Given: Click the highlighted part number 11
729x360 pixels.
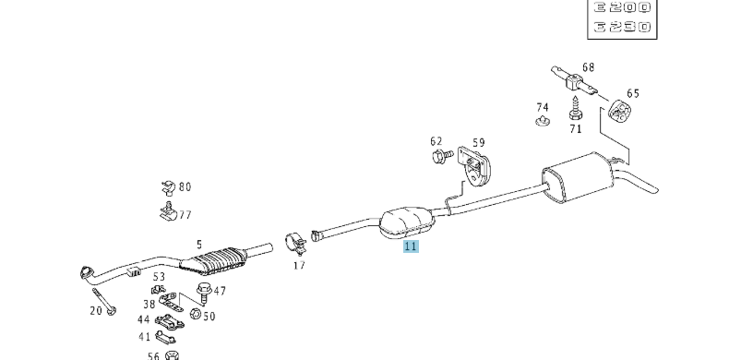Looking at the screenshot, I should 411,246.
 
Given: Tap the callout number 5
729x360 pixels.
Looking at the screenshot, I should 198,246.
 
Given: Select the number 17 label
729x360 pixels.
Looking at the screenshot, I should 299,266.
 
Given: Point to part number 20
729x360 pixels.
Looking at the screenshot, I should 96,311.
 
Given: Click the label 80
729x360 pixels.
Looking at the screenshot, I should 185,187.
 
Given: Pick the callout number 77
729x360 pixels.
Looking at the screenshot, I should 185,215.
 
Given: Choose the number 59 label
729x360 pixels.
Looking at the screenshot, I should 478,142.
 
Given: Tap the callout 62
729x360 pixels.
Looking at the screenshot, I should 436,141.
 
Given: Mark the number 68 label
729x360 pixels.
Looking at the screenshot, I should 588,66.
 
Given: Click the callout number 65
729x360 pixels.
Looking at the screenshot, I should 633,93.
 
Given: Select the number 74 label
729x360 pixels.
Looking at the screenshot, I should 543,106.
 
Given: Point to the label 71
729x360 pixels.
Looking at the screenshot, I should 576,128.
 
